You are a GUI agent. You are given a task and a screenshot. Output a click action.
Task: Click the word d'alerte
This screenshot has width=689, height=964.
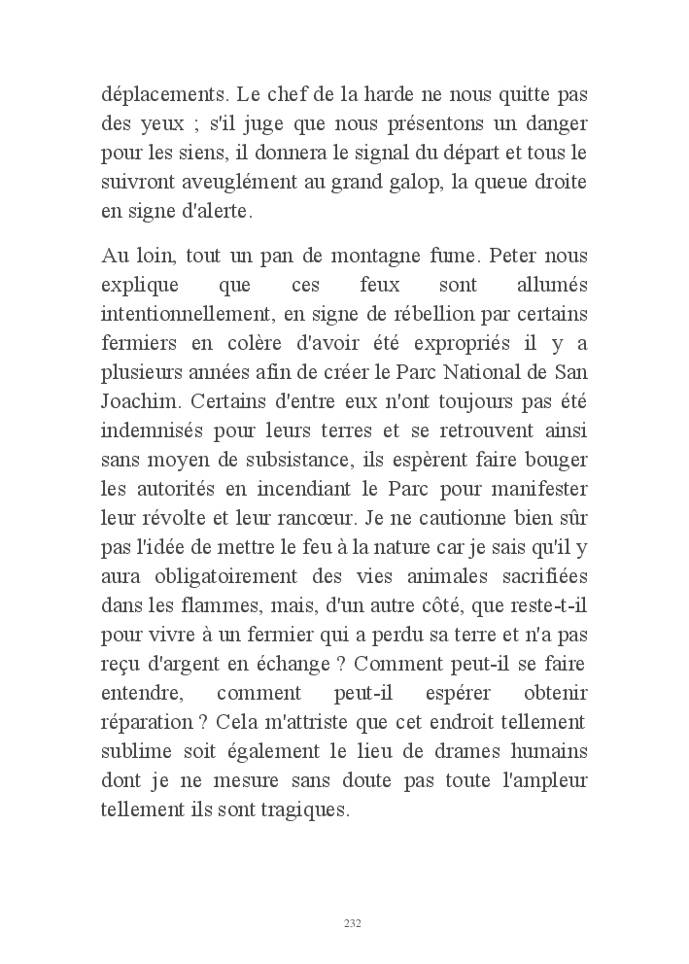[x=192, y=210]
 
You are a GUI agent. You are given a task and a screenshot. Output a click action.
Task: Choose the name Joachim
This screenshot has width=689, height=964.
[x=136, y=399]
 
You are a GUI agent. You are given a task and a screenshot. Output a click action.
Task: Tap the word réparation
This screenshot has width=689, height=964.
[x=146, y=725]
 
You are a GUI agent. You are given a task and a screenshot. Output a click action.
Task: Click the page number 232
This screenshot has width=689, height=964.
[x=353, y=923]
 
